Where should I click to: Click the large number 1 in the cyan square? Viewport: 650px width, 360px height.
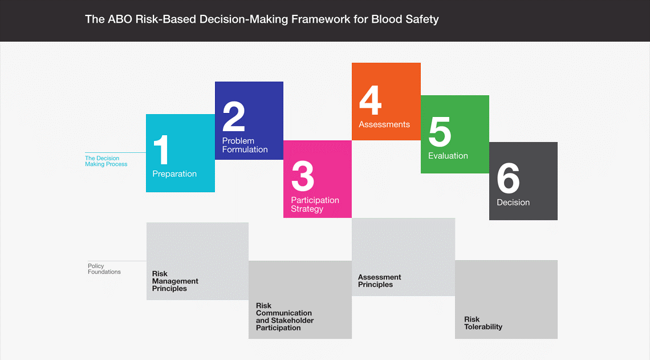161,149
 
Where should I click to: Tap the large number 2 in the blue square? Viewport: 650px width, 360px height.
234,116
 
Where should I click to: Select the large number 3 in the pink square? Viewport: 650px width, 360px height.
303,176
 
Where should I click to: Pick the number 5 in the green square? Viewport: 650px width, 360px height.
440,131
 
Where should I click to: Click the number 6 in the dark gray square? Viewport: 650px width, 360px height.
508,178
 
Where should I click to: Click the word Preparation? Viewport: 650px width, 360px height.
174,174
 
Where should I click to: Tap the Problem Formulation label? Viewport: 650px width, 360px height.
245,145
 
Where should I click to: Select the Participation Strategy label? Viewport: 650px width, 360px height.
315,204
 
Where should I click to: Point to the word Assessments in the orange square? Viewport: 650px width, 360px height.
384,124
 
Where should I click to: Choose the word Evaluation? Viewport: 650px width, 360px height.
448,156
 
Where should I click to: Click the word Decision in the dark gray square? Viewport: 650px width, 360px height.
513,203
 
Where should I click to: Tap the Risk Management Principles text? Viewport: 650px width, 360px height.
175,281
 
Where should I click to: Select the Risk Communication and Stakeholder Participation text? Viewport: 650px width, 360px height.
285,317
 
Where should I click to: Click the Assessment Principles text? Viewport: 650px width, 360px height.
379,281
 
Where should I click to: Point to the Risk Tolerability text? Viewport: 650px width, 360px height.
483,323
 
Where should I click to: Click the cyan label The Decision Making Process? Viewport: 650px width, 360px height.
106,161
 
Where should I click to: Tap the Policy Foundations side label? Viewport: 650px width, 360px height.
104,269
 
